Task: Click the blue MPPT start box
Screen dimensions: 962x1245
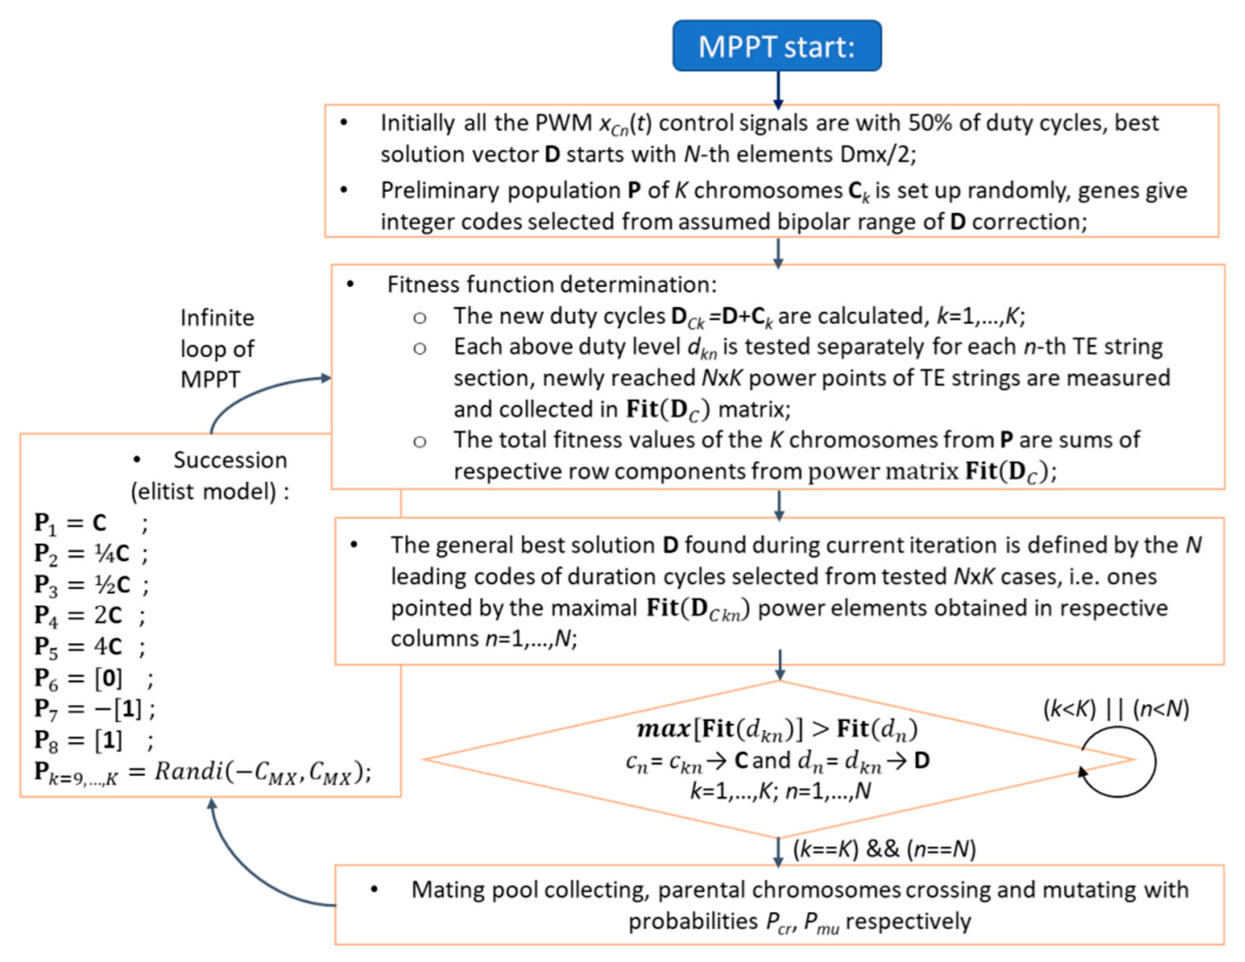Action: point(776,46)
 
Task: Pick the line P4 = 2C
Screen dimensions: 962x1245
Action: point(88,615)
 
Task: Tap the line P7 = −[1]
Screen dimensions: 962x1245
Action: point(94,709)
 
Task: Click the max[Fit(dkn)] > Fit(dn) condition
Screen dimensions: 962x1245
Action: point(776,729)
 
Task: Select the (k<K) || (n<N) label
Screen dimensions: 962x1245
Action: point(1116,709)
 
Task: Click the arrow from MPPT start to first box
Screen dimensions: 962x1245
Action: point(778,88)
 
